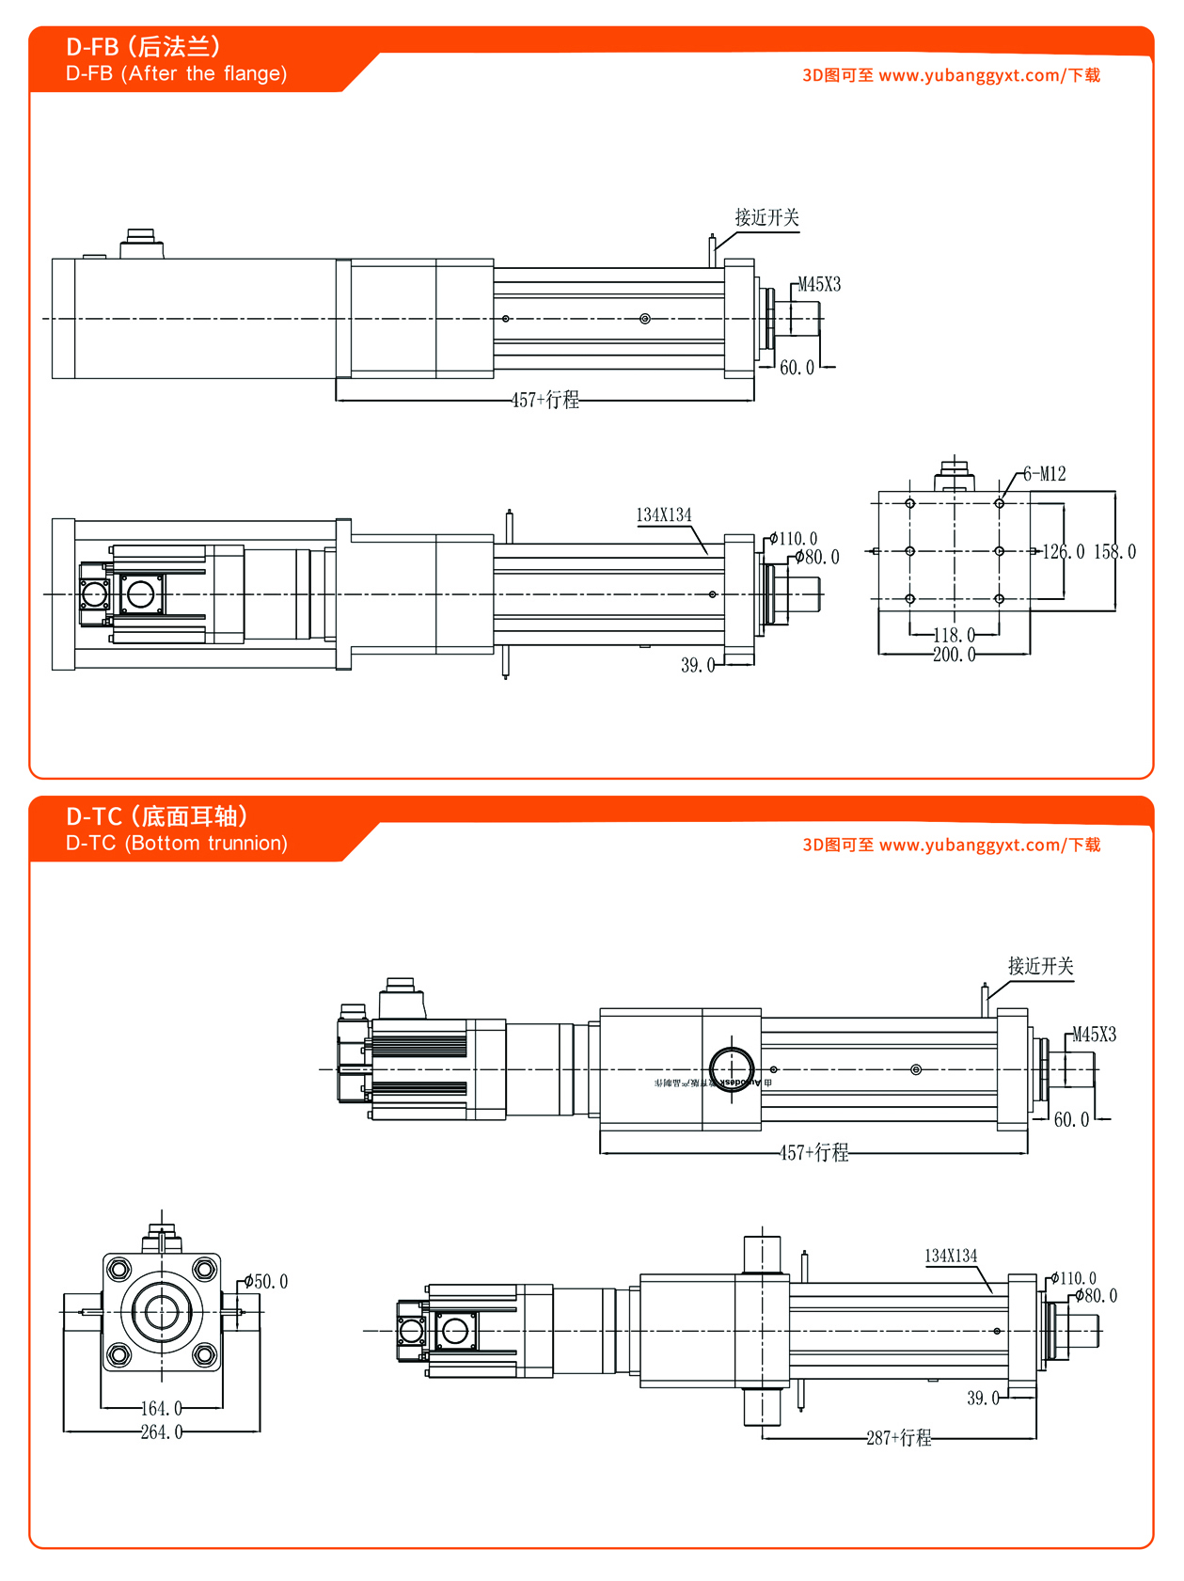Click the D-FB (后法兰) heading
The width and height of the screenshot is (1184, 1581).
coord(143,46)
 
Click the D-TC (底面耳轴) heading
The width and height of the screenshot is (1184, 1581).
coord(156,815)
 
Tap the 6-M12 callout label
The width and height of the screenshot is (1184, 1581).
coord(1044,474)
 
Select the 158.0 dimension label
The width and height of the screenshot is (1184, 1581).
coord(1114,552)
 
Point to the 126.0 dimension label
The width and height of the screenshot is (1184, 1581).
coord(1063,552)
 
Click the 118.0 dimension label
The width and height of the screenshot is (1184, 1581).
coord(954,636)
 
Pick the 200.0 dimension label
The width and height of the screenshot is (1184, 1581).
coord(954,655)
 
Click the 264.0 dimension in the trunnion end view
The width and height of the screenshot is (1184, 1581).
coord(162,1432)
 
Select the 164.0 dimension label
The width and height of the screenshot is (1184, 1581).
coord(162,1409)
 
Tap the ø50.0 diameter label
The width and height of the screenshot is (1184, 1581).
coord(266,1282)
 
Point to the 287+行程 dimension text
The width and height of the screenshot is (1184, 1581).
coord(899,1438)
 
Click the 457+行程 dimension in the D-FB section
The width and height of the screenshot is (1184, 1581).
coord(545,401)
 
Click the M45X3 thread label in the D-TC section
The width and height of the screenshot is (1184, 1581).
coord(1095,1036)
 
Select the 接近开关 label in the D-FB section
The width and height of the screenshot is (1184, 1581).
coord(767,218)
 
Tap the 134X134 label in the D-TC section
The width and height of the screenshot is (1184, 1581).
coord(951,1257)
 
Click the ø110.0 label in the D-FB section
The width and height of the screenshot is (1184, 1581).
coord(794,540)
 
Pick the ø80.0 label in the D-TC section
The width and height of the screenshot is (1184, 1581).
coord(1097,1296)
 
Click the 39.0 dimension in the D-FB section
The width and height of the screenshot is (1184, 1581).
coord(698,666)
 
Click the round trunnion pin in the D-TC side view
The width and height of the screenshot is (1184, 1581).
coord(731,1069)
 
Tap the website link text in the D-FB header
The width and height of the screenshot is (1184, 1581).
coord(951,75)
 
